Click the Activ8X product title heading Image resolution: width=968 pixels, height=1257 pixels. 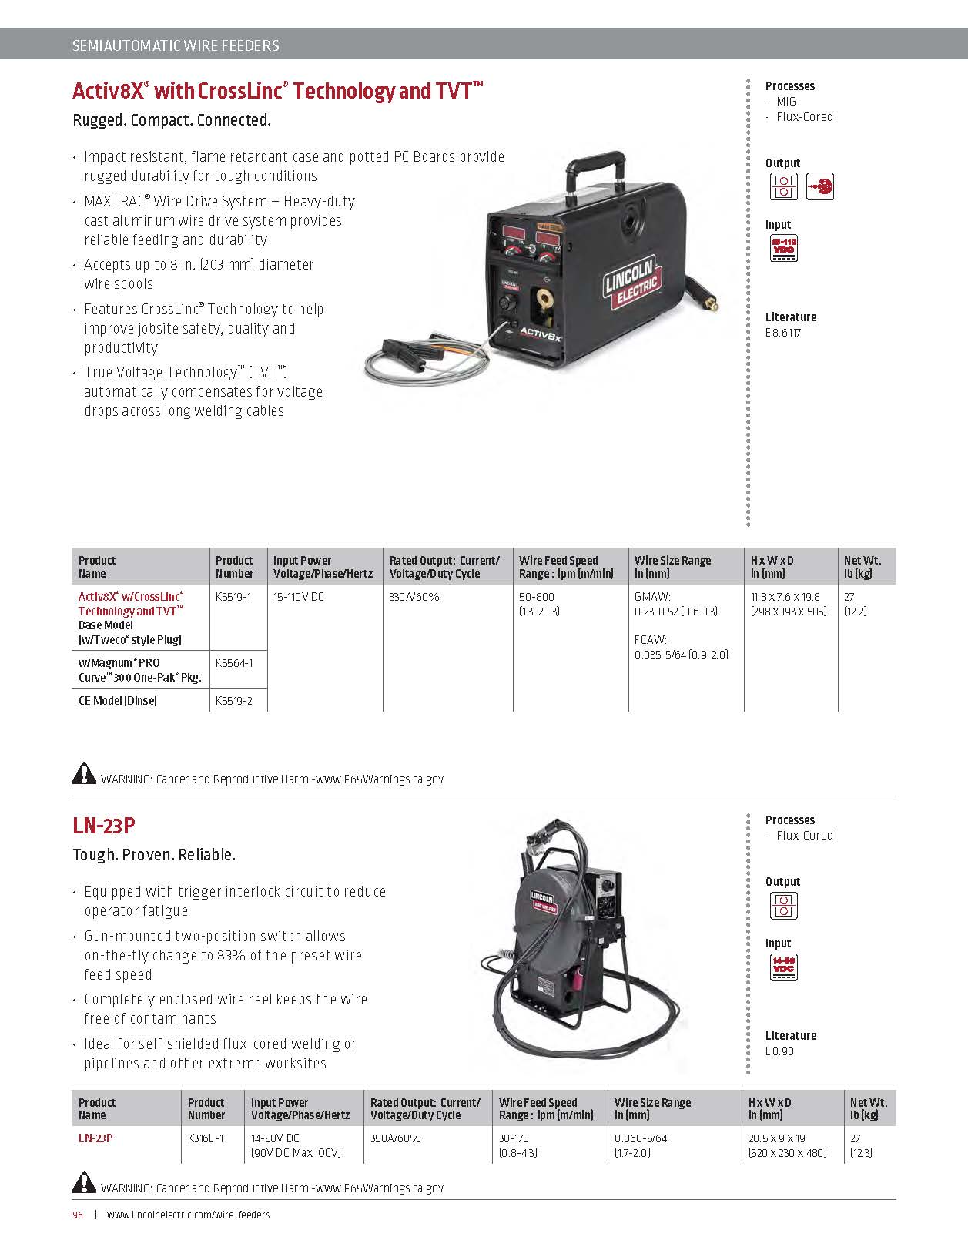(277, 91)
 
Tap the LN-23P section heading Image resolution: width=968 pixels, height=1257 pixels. (104, 826)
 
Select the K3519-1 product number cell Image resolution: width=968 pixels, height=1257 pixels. (233, 597)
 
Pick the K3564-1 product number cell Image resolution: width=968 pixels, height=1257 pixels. (234, 662)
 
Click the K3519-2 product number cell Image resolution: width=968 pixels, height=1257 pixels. (234, 701)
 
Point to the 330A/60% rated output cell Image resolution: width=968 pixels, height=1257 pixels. (414, 597)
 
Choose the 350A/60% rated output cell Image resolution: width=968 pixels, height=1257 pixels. (395, 1138)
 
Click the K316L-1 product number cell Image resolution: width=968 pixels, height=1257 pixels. (206, 1138)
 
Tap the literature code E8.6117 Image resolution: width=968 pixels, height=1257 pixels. (783, 333)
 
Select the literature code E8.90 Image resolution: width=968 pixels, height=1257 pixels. (779, 1051)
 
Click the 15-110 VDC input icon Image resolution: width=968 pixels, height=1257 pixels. (783, 249)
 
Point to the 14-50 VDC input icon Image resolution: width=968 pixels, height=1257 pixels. (783, 967)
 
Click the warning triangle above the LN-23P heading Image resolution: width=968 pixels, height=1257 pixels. (84, 773)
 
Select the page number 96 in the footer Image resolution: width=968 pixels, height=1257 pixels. (78, 1215)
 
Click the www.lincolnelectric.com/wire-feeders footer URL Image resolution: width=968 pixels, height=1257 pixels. (188, 1215)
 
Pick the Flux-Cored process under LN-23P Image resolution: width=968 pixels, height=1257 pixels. (804, 836)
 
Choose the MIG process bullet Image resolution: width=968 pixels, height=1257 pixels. (786, 102)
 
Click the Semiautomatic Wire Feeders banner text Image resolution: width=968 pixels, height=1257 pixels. (176, 45)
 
